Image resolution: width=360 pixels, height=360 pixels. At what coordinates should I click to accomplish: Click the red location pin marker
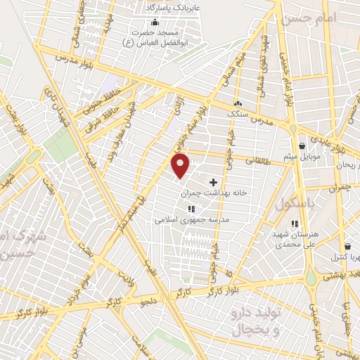pos(181,166)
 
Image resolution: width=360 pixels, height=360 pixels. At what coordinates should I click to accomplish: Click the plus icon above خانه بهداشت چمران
pos(213,182)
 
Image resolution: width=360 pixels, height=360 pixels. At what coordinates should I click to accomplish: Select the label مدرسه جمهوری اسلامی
pos(193,220)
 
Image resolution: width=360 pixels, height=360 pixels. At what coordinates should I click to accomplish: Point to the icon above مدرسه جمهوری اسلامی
pos(191,209)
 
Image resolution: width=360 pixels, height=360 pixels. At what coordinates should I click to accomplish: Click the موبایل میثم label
pos(302,156)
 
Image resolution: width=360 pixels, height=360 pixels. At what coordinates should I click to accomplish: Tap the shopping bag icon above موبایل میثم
pos(302,146)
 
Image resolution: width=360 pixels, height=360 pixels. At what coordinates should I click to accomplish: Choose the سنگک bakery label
pos(238,112)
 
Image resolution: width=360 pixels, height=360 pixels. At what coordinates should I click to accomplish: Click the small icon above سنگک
pos(238,103)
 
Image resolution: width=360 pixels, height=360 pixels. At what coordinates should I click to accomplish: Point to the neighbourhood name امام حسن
pos(306,21)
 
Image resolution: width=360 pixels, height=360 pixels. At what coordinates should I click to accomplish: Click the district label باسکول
pos(292,205)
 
